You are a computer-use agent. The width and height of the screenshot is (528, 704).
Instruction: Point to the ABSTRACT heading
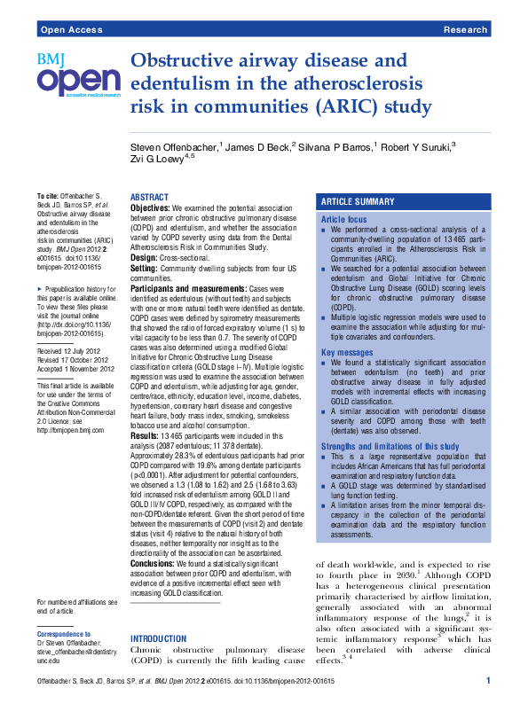click(x=150, y=197)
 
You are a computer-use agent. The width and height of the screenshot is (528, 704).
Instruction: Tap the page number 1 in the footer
click(x=488, y=679)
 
